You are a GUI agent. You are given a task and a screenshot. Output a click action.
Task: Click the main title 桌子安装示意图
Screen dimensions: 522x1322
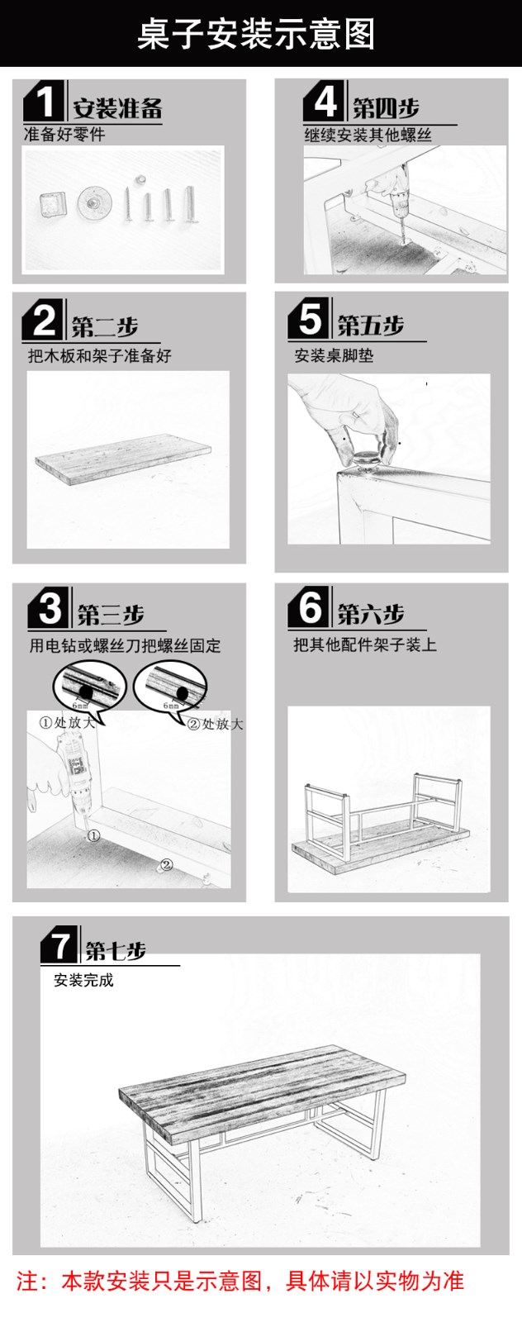tap(256, 34)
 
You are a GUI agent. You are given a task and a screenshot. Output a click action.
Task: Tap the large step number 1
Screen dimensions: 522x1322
tap(45, 102)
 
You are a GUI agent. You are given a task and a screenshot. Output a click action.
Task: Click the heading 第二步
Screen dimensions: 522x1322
tap(105, 326)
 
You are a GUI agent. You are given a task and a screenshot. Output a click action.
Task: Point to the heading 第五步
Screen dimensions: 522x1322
tap(370, 326)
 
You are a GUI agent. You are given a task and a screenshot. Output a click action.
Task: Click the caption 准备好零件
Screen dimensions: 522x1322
tap(64, 135)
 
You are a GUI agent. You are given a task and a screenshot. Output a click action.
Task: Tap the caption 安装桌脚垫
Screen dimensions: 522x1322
tap(334, 356)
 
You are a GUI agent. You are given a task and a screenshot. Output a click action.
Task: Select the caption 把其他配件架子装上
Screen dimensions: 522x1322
tap(365, 644)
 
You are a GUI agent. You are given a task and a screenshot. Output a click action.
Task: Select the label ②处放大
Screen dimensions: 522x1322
tap(215, 724)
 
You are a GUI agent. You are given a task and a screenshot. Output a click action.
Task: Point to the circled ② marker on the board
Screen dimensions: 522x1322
tap(167, 864)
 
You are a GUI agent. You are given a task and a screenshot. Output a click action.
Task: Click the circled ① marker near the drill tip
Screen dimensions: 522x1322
tap(94, 835)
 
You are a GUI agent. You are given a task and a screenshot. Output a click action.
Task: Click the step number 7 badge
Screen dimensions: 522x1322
tap(59, 945)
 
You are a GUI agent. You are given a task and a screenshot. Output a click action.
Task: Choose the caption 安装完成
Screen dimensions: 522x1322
tap(83, 980)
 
